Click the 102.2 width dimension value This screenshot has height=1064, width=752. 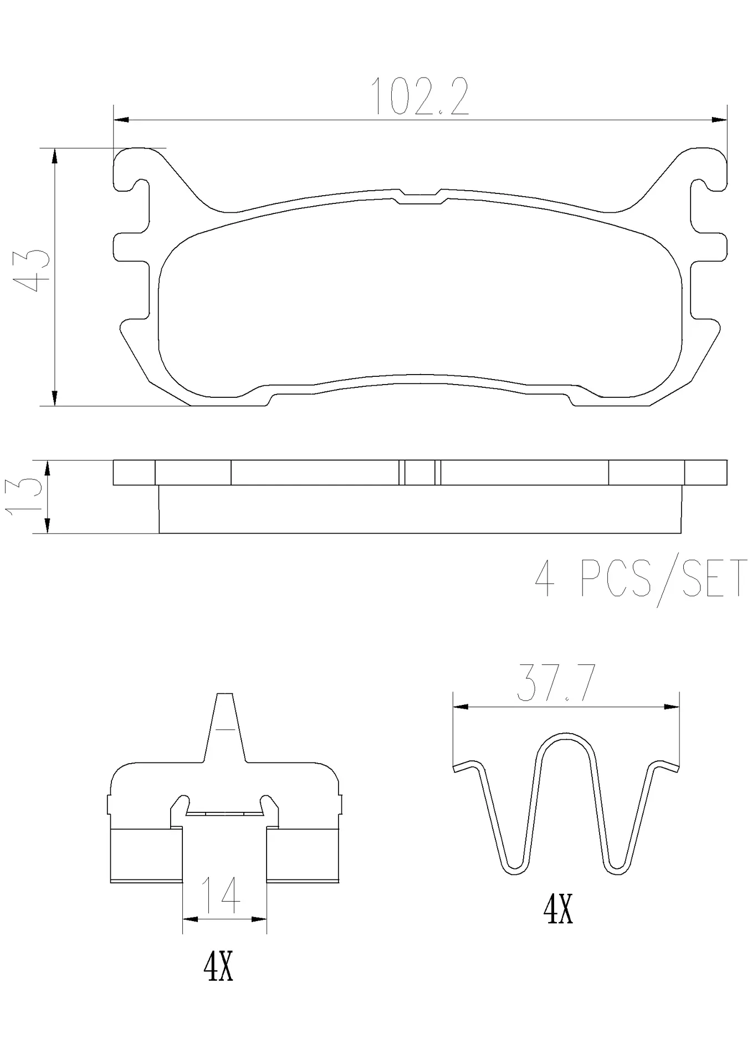(x=420, y=97)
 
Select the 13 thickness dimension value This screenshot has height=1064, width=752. (x=25, y=494)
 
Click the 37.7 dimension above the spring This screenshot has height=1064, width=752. (x=556, y=684)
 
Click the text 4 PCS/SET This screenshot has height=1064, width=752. (x=640, y=579)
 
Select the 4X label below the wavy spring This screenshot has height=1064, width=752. (x=558, y=910)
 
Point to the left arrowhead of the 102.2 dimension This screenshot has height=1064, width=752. (x=121, y=120)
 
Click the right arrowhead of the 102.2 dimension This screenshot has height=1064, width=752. (x=719, y=120)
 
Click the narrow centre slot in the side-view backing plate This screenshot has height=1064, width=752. (x=420, y=473)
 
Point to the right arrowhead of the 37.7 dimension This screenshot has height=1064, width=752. (x=672, y=707)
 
